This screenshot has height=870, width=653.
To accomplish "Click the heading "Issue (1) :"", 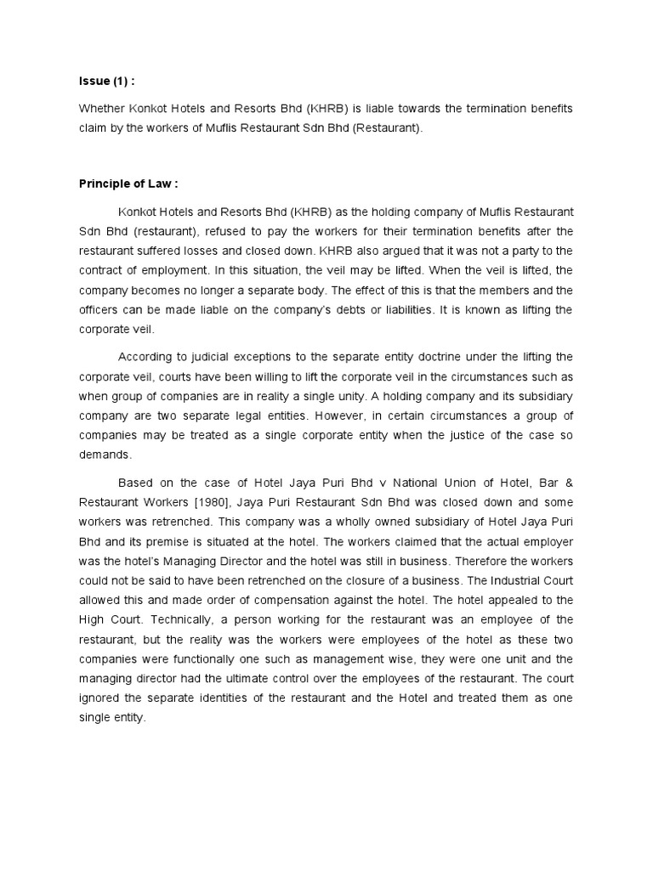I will (107, 82).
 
